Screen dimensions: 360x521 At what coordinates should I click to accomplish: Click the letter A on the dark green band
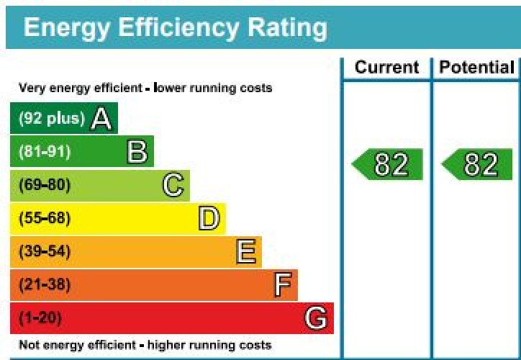pyautogui.click(x=101, y=120)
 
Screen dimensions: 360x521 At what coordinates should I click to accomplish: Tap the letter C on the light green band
pyautogui.click(x=173, y=185)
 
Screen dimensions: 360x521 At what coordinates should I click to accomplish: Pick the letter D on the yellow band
pyautogui.click(x=209, y=218)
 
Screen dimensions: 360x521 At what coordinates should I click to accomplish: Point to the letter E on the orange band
pyautogui.click(x=245, y=251)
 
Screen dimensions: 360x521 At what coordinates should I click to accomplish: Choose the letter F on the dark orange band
pyautogui.click(x=283, y=285)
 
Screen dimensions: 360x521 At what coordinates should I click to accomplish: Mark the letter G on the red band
pyautogui.click(x=316, y=318)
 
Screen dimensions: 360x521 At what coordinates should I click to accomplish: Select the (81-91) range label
pyautogui.click(x=45, y=152)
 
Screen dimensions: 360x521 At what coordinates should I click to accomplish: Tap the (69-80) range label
pyautogui.click(x=45, y=185)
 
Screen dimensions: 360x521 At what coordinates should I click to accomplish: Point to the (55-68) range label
pyautogui.click(x=45, y=218)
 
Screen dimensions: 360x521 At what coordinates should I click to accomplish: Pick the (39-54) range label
pyautogui.click(x=45, y=251)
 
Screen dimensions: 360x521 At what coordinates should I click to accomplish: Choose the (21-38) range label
pyautogui.click(x=45, y=285)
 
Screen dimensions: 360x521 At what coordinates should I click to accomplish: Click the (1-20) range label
pyautogui.click(x=40, y=318)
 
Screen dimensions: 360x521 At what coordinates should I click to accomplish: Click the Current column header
pyautogui.click(x=386, y=68)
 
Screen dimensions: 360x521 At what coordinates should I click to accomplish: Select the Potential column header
pyautogui.click(x=477, y=68)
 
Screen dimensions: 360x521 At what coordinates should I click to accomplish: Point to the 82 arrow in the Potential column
pyautogui.click(x=478, y=165)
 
